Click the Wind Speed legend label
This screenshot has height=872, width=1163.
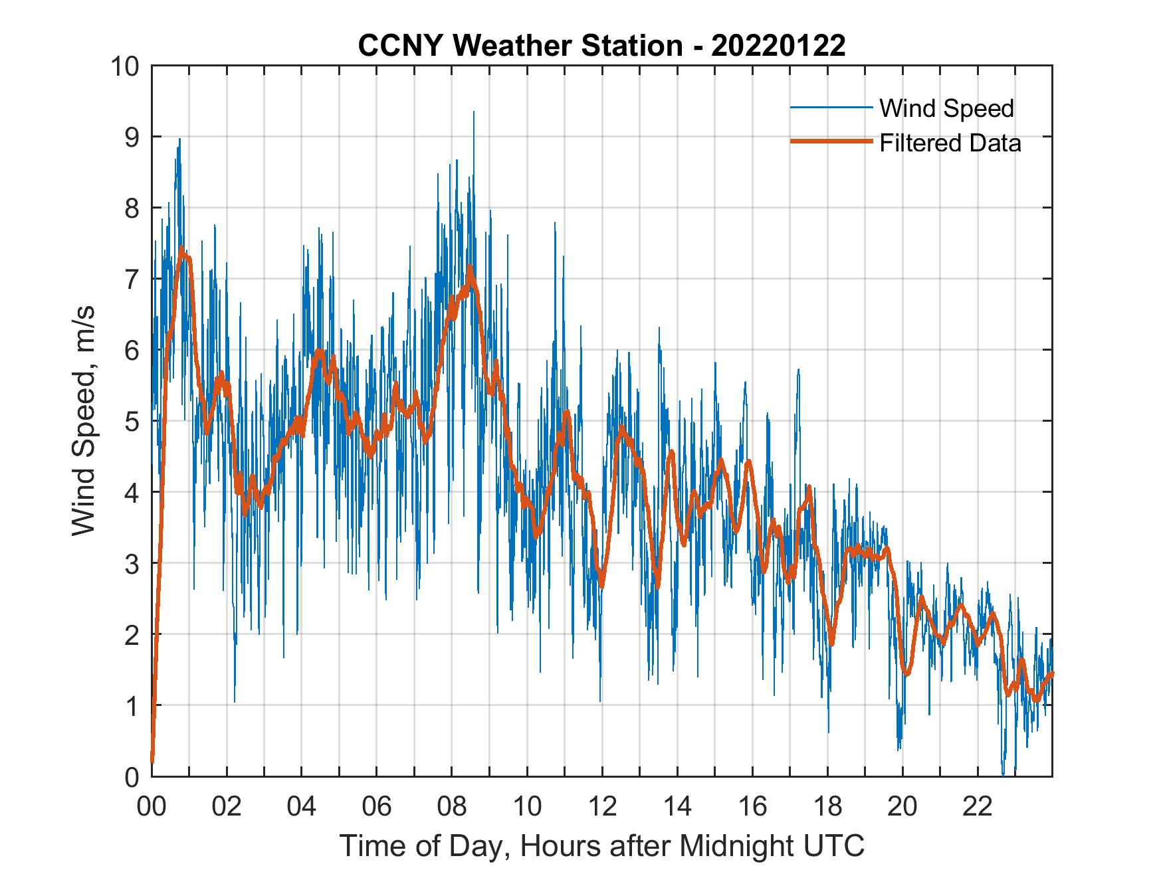(x=946, y=108)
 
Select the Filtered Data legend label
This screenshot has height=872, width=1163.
(x=950, y=143)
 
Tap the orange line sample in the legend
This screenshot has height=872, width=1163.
(x=831, y=141)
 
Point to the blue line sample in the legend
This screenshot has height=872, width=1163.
(x=831, y=107)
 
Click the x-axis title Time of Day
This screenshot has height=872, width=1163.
(x=602, y=846)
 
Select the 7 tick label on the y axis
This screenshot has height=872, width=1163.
(x=132, y=279)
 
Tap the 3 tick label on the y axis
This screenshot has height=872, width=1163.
(x=132, y=563)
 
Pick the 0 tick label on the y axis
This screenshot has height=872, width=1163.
(x=132, y=776)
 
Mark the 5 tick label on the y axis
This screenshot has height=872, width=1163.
(x=132, y=421)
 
